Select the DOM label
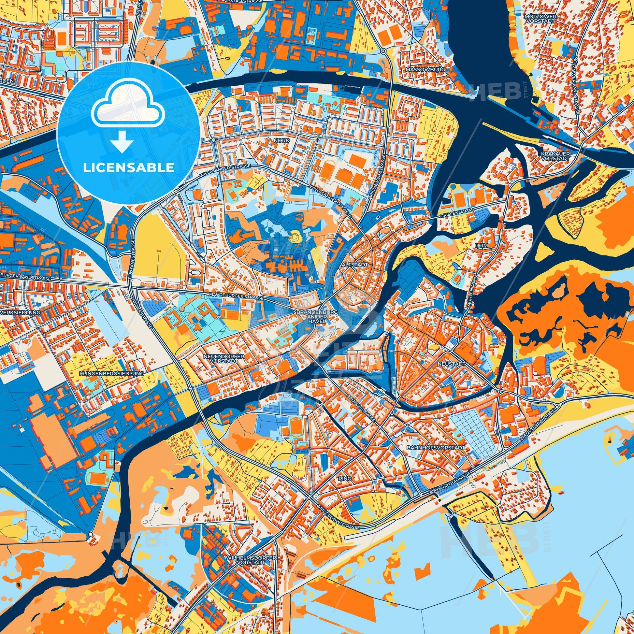[483, 245]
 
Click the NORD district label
[282, 140]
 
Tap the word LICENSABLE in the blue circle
[128, 168]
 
